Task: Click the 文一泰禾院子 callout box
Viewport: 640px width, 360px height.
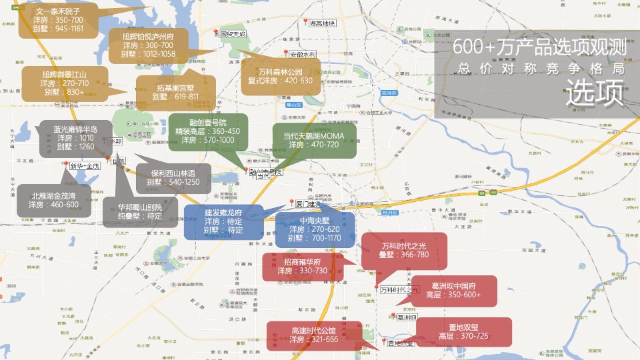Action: point(58,20)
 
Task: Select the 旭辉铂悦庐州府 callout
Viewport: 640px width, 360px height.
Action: point(149,45)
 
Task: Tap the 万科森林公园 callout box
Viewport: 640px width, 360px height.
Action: point(280,76)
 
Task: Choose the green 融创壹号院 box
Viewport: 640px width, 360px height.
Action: point(207,131)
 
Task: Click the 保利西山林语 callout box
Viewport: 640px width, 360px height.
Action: point(173,177)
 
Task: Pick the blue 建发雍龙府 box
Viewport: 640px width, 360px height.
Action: point(223,221)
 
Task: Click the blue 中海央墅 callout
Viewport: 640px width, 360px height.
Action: point(315,229)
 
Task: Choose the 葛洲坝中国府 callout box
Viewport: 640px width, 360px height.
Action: point(453,291)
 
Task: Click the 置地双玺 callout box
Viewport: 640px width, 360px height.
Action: point(464,331)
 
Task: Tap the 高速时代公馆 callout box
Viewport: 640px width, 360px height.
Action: point(314,335)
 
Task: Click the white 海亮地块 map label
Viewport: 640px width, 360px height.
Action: point(323,23)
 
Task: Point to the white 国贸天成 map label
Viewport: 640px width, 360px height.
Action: point(233,34)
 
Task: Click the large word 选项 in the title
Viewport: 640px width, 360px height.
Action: point(595,93)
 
